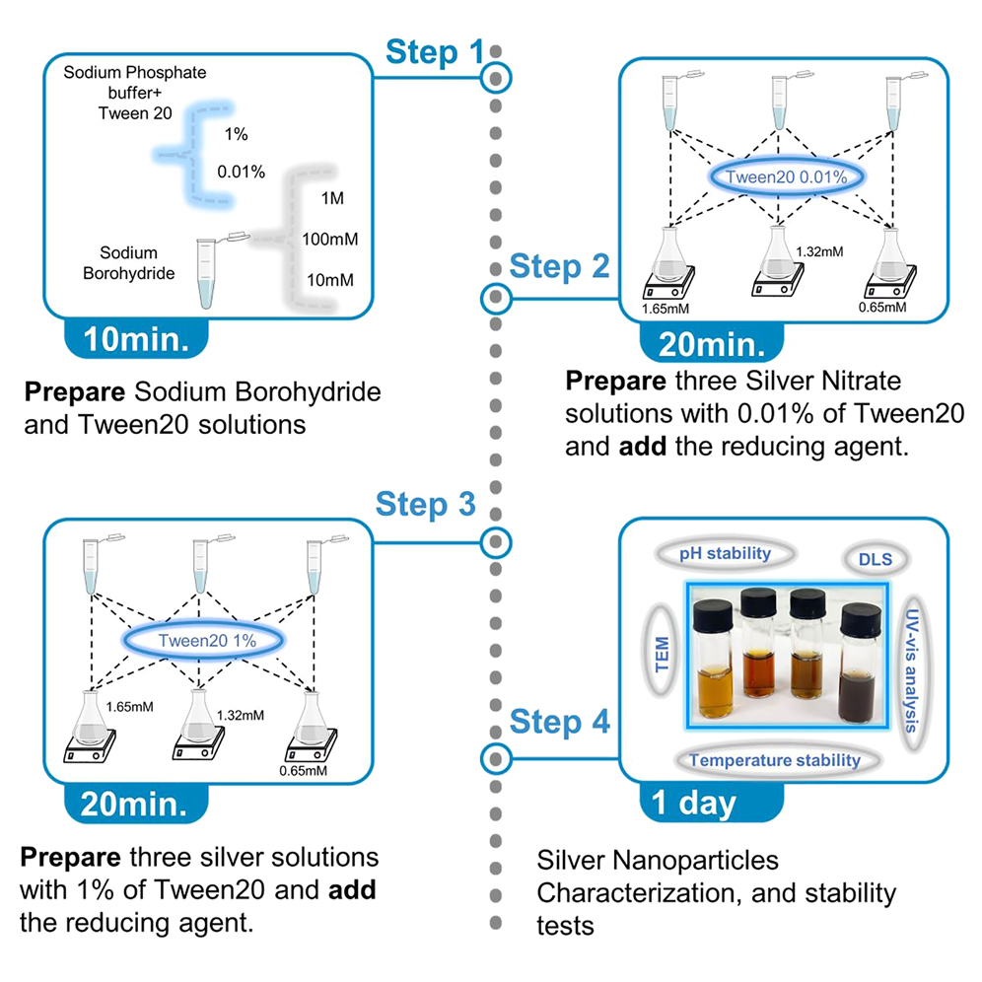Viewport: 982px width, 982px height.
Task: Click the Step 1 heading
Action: tap(435, 51)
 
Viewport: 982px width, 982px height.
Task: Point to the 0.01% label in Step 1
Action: tap(241, 172)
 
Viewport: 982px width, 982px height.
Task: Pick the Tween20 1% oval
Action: tap(207, 640)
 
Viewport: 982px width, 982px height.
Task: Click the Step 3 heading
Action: tap(425, 504)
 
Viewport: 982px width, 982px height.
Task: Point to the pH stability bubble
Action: tap(725, 554)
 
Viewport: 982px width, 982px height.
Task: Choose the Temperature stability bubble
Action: tap(774, 760)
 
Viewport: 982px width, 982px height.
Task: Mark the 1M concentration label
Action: tap(332, 198)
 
